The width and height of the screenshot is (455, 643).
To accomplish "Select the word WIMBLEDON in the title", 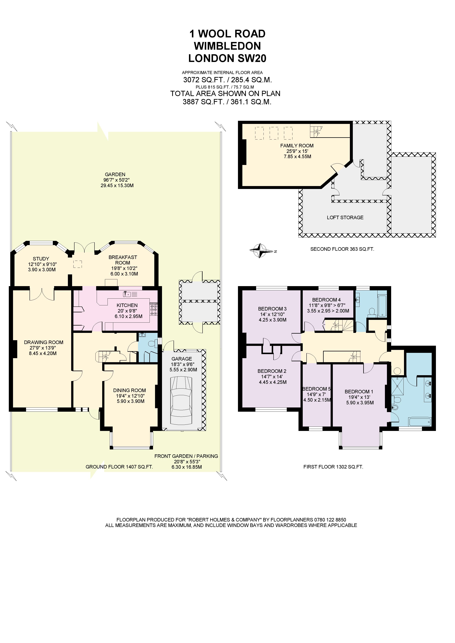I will click(227, 46).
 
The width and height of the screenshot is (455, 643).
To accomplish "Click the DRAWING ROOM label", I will click(43, 342).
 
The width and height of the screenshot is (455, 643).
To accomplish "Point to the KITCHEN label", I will click(127, 305).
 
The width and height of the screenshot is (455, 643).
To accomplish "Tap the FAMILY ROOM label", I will click(297, 146).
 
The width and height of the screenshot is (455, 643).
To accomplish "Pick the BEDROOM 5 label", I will click(316, 389).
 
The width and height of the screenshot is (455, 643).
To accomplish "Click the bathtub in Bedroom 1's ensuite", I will click(420, 421).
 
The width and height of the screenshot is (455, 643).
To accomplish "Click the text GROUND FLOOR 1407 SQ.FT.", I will click(119, 467).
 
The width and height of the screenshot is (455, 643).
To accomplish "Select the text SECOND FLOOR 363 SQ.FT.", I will click(342, 249).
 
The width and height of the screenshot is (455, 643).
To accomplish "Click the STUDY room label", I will click(41, 259).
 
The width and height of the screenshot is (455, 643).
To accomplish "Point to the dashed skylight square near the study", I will click(78, 264).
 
